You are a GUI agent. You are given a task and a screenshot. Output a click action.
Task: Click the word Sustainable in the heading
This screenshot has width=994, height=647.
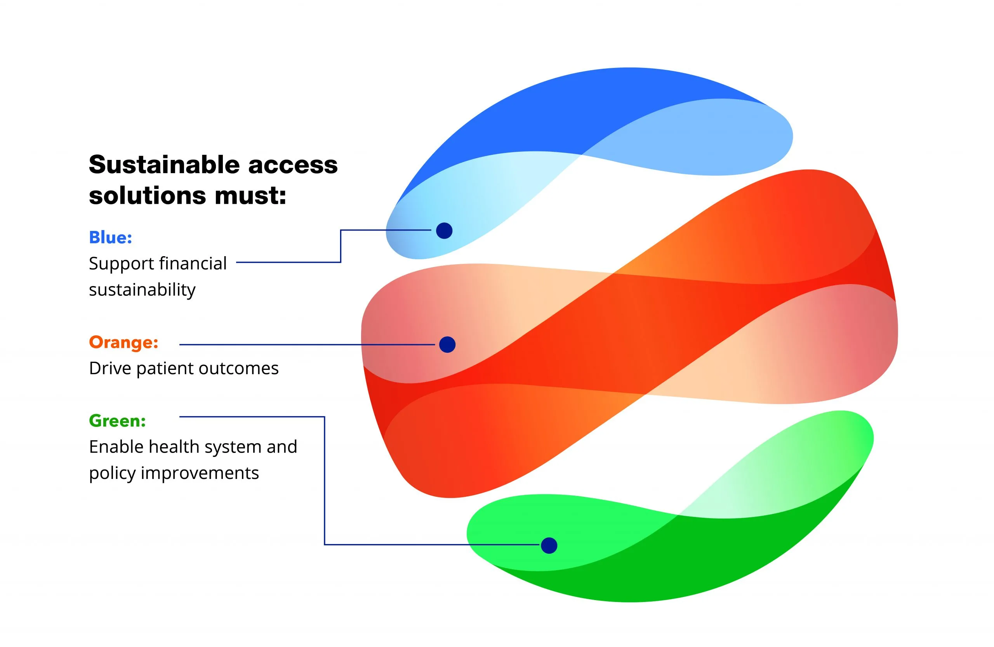(164, 165)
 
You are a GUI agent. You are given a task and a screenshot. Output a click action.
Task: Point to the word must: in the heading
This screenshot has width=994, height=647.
(250, 196)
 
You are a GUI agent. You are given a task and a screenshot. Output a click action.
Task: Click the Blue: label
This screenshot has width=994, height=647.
(111, 238)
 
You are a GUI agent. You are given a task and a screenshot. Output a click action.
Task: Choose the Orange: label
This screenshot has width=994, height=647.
(123, 342)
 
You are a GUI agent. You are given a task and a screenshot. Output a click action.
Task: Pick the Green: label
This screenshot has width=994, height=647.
(117, 421)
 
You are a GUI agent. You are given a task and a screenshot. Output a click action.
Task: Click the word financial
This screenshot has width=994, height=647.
(193, 264)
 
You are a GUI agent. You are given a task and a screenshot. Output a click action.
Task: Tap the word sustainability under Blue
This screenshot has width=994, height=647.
(142, 290)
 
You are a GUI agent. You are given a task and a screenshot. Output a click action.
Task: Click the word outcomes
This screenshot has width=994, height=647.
(238, 369)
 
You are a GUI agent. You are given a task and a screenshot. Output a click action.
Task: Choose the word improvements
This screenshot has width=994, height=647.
(200, 474)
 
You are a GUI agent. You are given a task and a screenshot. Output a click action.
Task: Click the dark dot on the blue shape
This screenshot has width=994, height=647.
(444, 231)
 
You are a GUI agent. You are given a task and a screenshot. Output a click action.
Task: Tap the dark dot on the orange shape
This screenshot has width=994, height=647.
(447, 344)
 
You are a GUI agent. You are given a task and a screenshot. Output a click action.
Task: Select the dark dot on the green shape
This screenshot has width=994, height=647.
(549, 545)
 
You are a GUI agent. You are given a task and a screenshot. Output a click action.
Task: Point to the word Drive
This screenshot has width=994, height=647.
(110, 368)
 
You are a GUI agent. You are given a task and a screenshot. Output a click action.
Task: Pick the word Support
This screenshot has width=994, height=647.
(122, 264)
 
